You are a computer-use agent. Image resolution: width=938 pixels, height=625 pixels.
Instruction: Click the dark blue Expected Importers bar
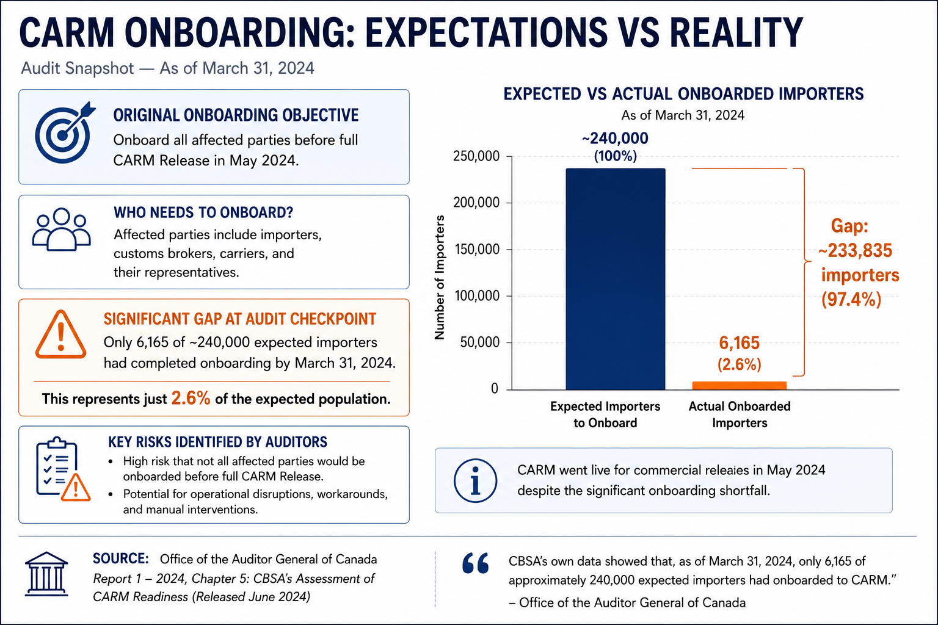(615, 279)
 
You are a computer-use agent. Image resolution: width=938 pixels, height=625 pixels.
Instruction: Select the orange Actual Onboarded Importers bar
(740, 386)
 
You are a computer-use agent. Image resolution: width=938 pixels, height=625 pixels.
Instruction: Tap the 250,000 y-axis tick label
(476, 156)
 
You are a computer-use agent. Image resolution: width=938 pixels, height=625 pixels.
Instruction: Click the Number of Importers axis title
(439, 277)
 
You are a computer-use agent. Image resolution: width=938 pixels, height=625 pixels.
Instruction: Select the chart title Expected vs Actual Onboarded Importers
(683, 94)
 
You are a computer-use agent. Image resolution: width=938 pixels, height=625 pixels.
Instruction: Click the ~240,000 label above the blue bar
(615, 138)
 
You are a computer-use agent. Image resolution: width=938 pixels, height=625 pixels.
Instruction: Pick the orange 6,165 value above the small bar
(739, 343)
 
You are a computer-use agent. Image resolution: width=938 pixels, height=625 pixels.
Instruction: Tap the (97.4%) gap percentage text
(851, 299)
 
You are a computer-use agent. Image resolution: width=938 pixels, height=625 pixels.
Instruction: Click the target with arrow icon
(64, 133)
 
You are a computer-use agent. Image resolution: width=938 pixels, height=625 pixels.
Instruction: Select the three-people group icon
(62, 229)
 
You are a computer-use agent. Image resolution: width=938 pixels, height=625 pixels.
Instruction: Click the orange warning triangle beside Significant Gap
(60, 335)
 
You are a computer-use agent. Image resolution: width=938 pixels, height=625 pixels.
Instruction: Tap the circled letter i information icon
(475, 480)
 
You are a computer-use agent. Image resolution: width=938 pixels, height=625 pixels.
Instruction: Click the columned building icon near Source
(46, 574)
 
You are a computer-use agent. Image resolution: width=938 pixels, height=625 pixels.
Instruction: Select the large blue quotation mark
(476, 563)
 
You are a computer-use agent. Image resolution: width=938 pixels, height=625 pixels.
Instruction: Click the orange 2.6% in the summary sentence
(191, 399)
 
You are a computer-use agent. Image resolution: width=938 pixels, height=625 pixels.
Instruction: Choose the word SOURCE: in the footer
(120, 558)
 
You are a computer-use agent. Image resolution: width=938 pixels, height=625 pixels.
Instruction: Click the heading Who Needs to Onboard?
(203, 212)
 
